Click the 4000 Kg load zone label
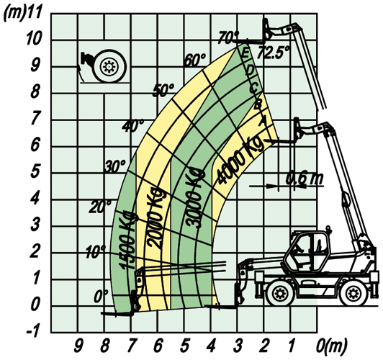coord(240,159)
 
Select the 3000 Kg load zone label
coord(194,197)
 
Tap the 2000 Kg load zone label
coord(155,218)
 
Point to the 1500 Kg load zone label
coord(127,240)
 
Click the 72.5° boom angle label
coord(274,53)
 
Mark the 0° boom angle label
coord(101,296)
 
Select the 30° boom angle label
coord(115,167)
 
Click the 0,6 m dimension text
coord(305,179)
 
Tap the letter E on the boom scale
coord(245,53)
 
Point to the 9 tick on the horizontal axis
coord(78,346)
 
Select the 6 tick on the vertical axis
coord(35,146)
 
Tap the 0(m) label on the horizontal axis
coord(331,346)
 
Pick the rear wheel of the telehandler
coord(353,292)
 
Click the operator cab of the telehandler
coord(308,251)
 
